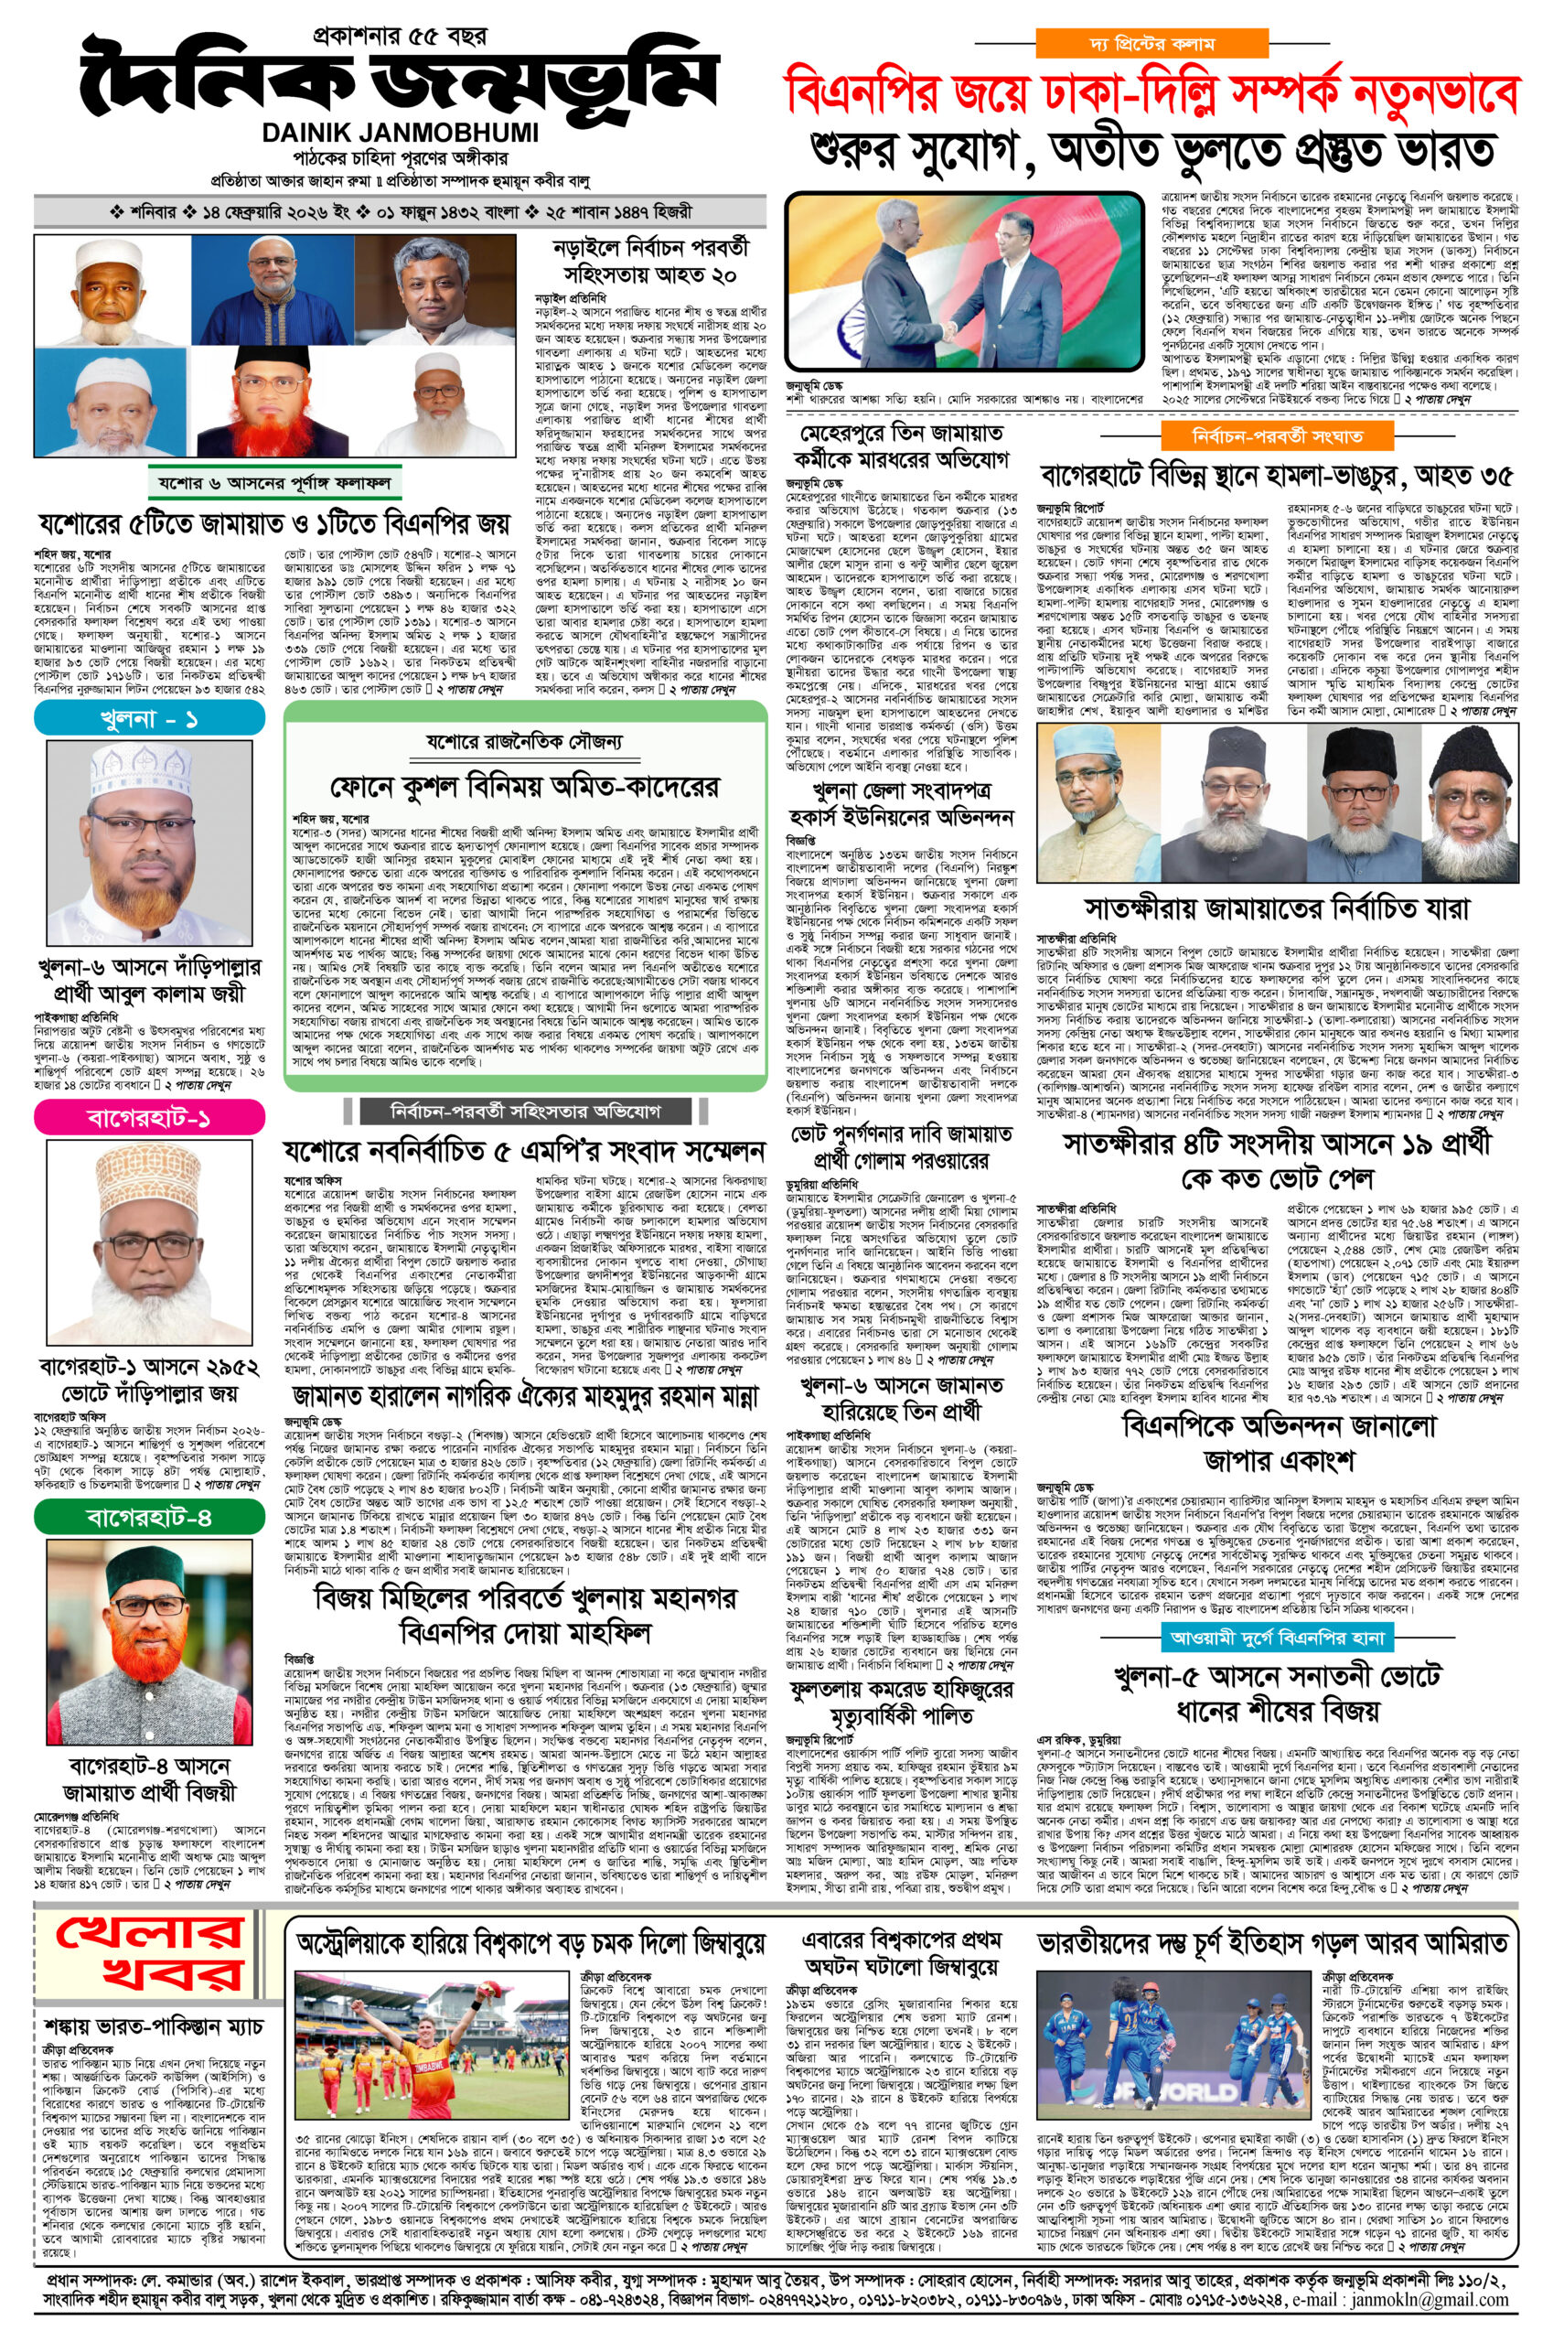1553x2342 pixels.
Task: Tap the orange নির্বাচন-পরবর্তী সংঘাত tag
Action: point(1277,435)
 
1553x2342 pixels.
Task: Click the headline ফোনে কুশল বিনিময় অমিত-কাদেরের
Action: point(525,787)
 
